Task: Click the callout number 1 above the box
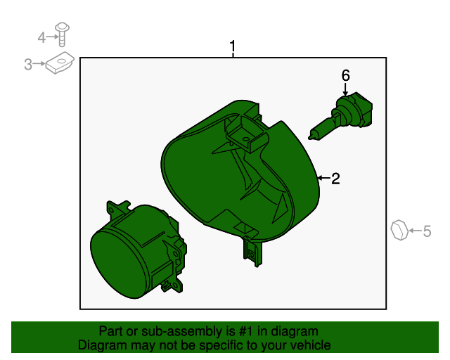coord(233,46)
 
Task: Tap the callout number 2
coord(335,179)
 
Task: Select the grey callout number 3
coord(28,64)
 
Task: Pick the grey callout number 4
coord(41,37)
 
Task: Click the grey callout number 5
coord(427,231)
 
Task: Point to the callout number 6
coord(345,75)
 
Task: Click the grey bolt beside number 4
coord(62,34)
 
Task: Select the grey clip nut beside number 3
coord(60,63)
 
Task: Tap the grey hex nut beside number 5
coord(399,230)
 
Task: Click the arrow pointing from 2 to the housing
coord(323,179)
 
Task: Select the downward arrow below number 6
coord(345,89)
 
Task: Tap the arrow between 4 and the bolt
coord(52,37)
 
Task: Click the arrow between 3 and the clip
coord(39,64)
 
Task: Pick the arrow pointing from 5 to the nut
coord(416,231)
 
